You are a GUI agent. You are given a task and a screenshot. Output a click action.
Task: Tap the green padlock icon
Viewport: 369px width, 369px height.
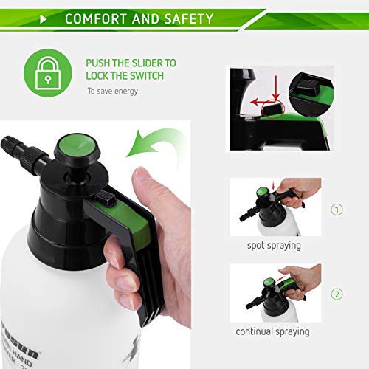click(48, 72)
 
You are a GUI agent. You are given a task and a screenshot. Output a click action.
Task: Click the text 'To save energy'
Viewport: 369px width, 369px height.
click(112, 92)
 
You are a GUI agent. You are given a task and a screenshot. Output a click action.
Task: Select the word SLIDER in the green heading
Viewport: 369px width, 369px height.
click(153, 63)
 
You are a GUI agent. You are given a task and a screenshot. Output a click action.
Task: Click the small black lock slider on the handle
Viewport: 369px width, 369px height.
click(108, 198)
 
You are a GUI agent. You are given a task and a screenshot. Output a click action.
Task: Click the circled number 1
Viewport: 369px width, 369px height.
click(337, 209)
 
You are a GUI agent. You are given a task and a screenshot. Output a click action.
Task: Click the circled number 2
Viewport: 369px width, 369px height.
click(337, 294)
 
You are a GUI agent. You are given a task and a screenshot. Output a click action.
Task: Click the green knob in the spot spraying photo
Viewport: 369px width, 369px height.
click(260, 194)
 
